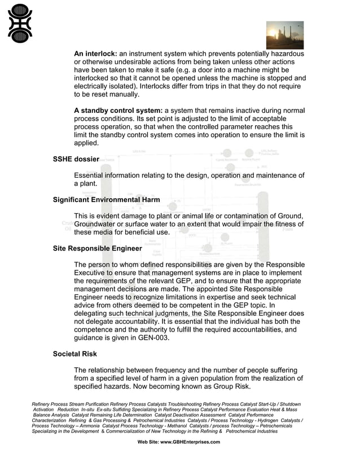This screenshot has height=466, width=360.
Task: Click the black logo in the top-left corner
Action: [x=20, y=24]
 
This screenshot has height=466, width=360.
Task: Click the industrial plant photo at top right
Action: [x=284, y=35]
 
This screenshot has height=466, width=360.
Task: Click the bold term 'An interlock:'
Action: [x=95, y=54]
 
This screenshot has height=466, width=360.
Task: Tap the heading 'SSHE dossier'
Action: [x=76, y=160]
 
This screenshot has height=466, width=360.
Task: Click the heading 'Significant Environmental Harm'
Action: [x=106, y=200]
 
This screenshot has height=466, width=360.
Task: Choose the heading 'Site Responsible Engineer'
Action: [x=97, y=248]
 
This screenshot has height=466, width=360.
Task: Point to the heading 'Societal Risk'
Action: [x=75, y=354]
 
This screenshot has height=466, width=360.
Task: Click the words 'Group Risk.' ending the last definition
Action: [x=226, y=386]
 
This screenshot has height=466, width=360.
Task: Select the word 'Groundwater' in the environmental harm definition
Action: [x=98, y=224]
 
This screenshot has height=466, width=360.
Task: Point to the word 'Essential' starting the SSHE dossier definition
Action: [x=93, y=175]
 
